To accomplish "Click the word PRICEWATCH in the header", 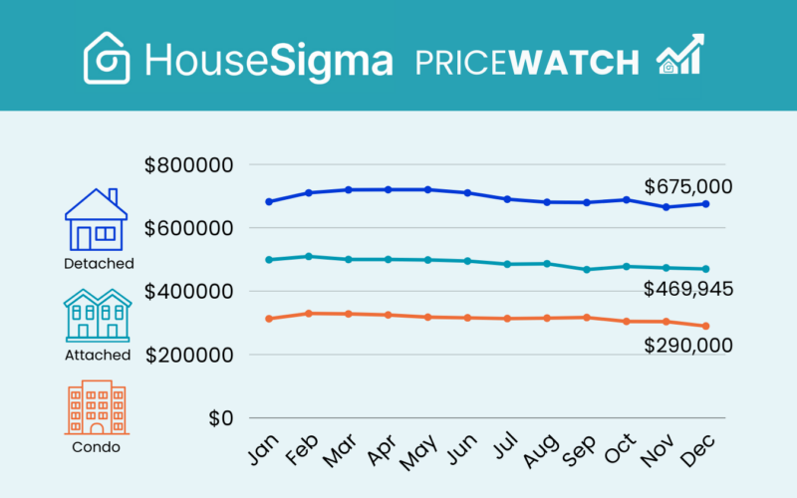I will click(527, 63).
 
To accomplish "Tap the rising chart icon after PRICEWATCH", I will click(679, 56).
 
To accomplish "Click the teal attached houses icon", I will click(97, 316).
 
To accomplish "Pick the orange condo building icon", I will click(97, 407).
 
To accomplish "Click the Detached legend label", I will click(98, 263).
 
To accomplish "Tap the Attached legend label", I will click(98, 355).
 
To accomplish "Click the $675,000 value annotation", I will click(688, 186).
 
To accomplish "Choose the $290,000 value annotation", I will click(688, 346).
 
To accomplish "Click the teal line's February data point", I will click(309, 256).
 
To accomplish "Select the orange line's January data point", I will click(269, 319).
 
